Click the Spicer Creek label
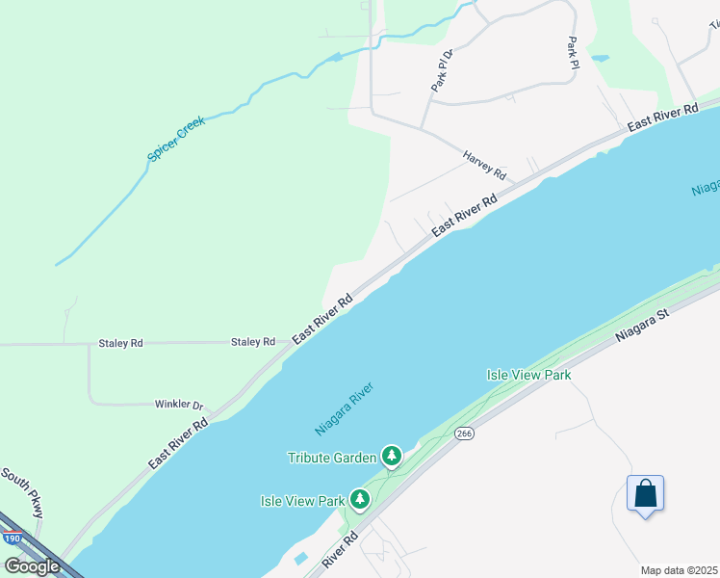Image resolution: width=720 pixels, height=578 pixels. point(178,140)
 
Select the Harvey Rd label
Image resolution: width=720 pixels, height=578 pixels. point(484,165)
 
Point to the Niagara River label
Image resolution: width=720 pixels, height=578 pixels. point(344,408)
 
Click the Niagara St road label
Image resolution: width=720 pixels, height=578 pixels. point(642,326)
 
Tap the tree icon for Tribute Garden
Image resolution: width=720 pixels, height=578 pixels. point(391,456)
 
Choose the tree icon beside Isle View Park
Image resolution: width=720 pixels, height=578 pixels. point(360,499)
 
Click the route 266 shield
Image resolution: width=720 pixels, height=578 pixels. point(464,434)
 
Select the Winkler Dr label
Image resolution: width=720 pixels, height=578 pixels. point(179,405)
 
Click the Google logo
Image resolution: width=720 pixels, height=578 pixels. point(32,566)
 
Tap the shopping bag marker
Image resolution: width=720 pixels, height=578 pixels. point(645,494)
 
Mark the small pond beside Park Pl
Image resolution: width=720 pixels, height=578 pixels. point(600,58)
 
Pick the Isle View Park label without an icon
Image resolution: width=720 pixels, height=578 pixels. point(528,374)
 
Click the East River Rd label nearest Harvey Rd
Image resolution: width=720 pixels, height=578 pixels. point(464,215)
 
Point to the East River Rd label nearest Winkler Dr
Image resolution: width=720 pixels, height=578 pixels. point(178,444)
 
